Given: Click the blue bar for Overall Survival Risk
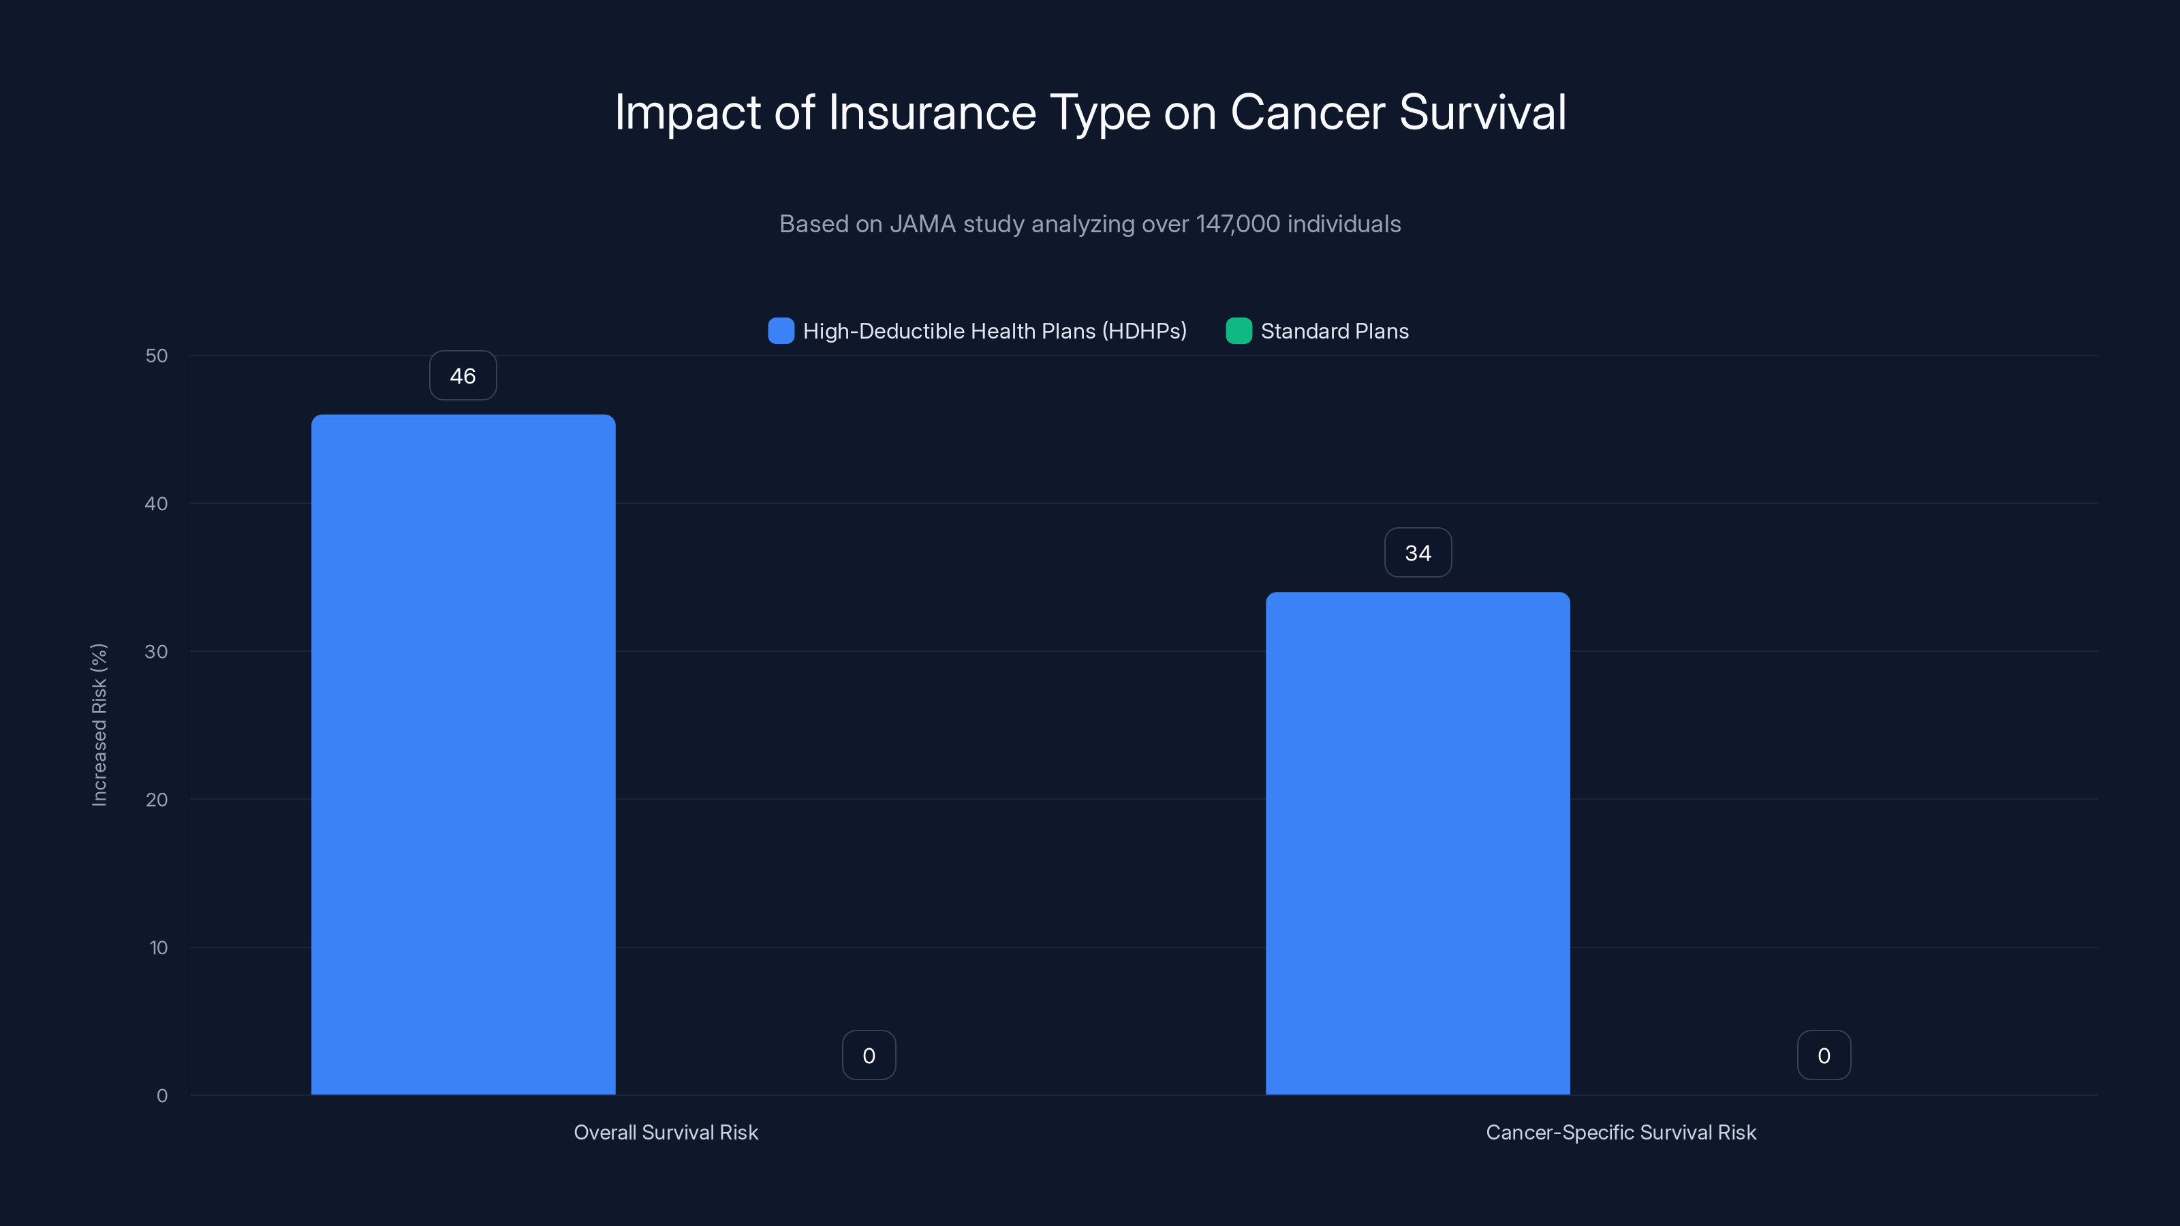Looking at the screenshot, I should tap(463, 754).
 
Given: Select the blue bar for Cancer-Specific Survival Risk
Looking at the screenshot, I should tap(1418, 843).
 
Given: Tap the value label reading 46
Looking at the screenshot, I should tap(463, 376).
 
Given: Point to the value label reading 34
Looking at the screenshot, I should tap(1418, 552).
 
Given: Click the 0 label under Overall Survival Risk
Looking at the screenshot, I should tap(869, 1055).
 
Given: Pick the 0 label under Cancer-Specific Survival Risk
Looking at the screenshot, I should tap(1824, 1055).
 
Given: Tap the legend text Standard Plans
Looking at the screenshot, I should tap(1335, 331).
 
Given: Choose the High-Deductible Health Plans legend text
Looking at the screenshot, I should tap(995, 331).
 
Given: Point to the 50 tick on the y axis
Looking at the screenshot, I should tap(157, 356).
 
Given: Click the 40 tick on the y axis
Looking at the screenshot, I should tap(157, 503).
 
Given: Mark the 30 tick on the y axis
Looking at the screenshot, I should tap(157, 652).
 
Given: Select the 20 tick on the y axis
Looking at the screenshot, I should tap(157, 800).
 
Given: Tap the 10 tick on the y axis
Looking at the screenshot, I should tap(158, 947).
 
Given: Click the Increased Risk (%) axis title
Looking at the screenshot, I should tap(99, 725).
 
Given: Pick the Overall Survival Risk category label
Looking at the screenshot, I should tap(666, 1132).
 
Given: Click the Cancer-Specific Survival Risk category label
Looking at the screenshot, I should tap(1621, 1132).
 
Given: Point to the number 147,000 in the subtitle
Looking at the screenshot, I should tap(1237, 224).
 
